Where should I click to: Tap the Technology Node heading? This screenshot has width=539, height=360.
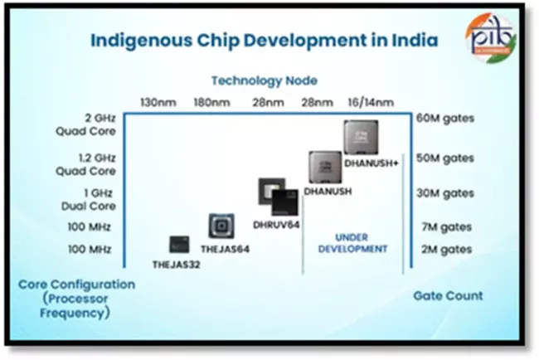(x=264, y=80)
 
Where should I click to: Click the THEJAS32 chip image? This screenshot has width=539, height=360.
(x=178, y=244)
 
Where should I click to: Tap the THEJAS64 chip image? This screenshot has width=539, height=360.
(x=221, y=226)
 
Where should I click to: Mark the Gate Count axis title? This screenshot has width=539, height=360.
(x=448, y=295)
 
